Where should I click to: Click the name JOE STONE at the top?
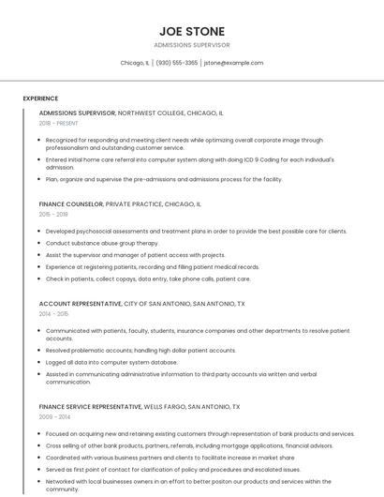point(192,31)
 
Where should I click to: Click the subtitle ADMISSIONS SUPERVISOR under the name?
point(192,45)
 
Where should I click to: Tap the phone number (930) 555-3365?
point(177,63)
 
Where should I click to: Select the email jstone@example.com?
point(233,63)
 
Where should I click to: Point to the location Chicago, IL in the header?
point(135,63)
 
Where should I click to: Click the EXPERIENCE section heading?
point(40,98)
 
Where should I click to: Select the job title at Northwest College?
point(77,113)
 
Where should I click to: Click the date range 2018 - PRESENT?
point(58,124)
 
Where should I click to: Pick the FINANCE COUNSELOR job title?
point(71,203)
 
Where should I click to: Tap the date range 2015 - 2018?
point(54,215)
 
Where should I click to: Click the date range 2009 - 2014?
point(54,417)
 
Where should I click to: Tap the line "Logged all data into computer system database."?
point(111,361)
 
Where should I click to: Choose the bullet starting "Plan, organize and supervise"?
point(164,179)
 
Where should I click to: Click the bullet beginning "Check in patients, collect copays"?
point(148,279)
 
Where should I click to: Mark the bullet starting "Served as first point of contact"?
point(173,469)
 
